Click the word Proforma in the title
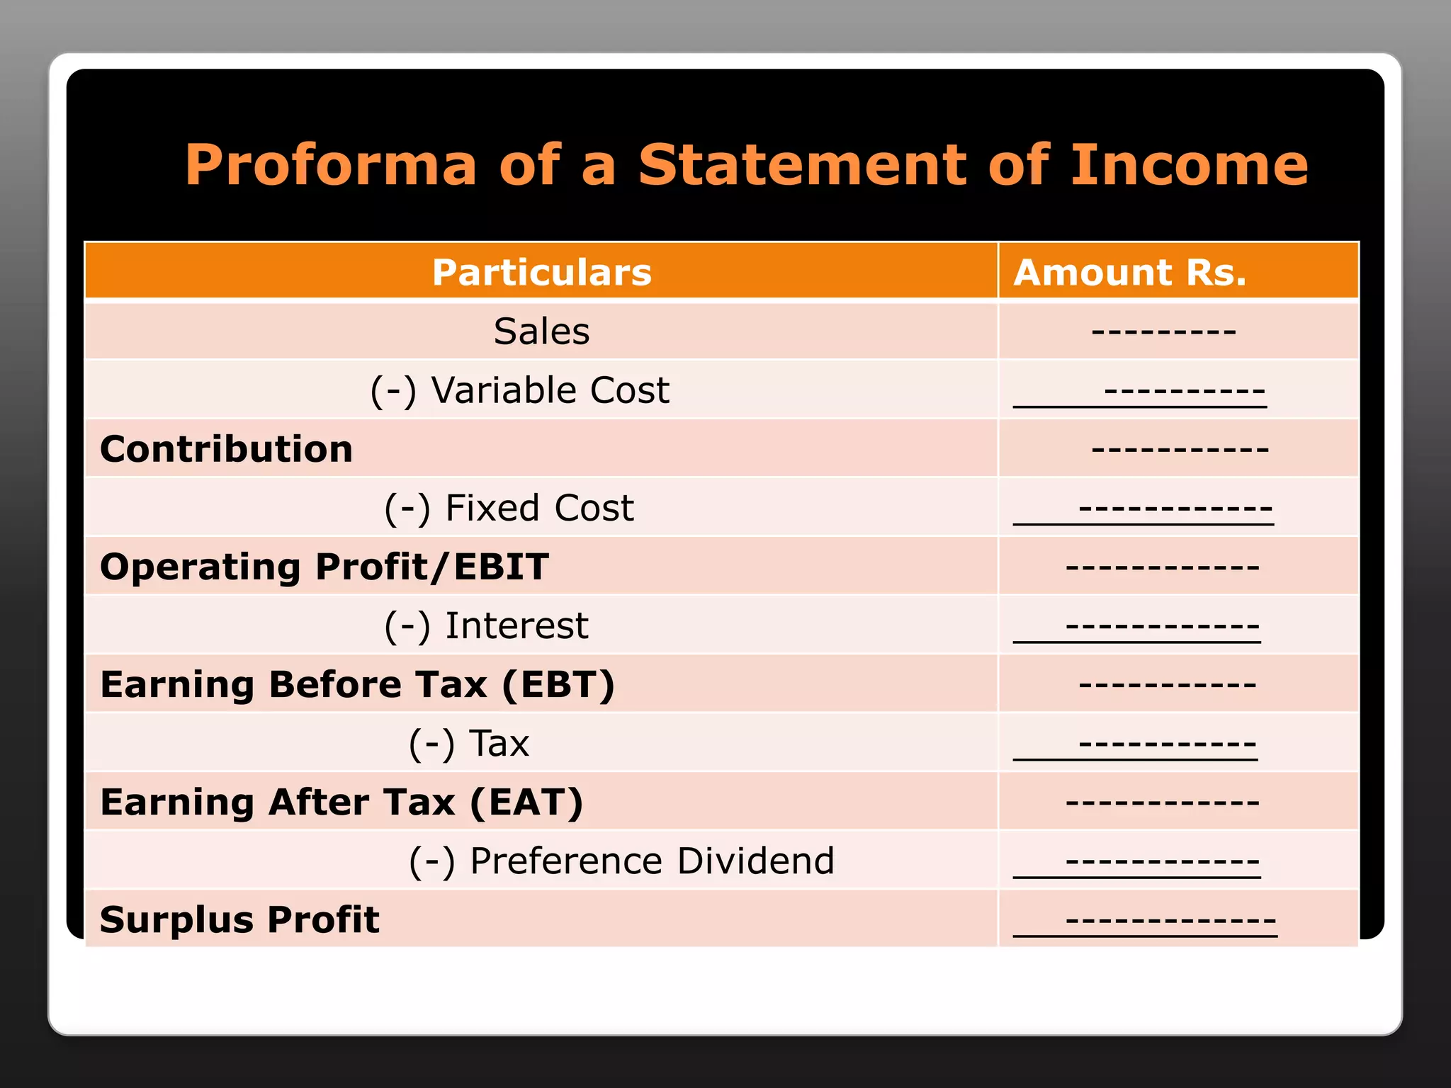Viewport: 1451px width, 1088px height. (x=331, y=166)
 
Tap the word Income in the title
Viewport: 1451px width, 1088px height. (x=1189, y=165)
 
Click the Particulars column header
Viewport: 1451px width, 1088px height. (x=541, y=273)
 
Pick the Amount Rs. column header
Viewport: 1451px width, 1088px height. (x=1129, y=273)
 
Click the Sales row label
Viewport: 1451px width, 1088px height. (x=541, y=331)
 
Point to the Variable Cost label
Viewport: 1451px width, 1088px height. (x=550, y=390)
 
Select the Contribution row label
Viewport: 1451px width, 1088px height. (x=226, y=449)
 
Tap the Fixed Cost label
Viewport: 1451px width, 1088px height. (x=539, y=508)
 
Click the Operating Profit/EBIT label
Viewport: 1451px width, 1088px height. (x=324, y=567)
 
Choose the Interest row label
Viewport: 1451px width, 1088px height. (x=516, y=625)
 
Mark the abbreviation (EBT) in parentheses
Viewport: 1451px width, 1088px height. (x=558, y=685)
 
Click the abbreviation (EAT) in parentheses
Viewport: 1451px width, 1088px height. (x=526, y=803)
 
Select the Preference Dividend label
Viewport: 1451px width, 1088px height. (x=652, y=861)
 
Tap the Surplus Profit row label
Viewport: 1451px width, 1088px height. (x=239, y=920)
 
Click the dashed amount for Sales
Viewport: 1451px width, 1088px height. (x=1163, y=331)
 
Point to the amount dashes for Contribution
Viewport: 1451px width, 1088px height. (x=1180, y=449)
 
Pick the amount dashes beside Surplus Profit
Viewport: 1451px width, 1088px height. (x=1170, y=920)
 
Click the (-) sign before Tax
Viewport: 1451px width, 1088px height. (x=431, y=744)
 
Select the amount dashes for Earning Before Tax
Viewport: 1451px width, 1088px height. (x=1167, y=685)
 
